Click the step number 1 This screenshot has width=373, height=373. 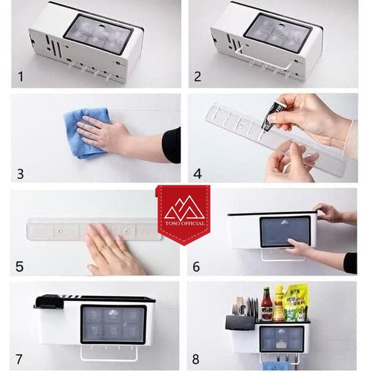click(21, 77)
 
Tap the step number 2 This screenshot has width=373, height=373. click(198, 77)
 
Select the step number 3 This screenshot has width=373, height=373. click(21, 173)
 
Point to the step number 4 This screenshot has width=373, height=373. click(198, 173)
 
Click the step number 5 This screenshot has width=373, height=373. click(20, 266)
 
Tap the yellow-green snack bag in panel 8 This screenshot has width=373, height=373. click(296, 304)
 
